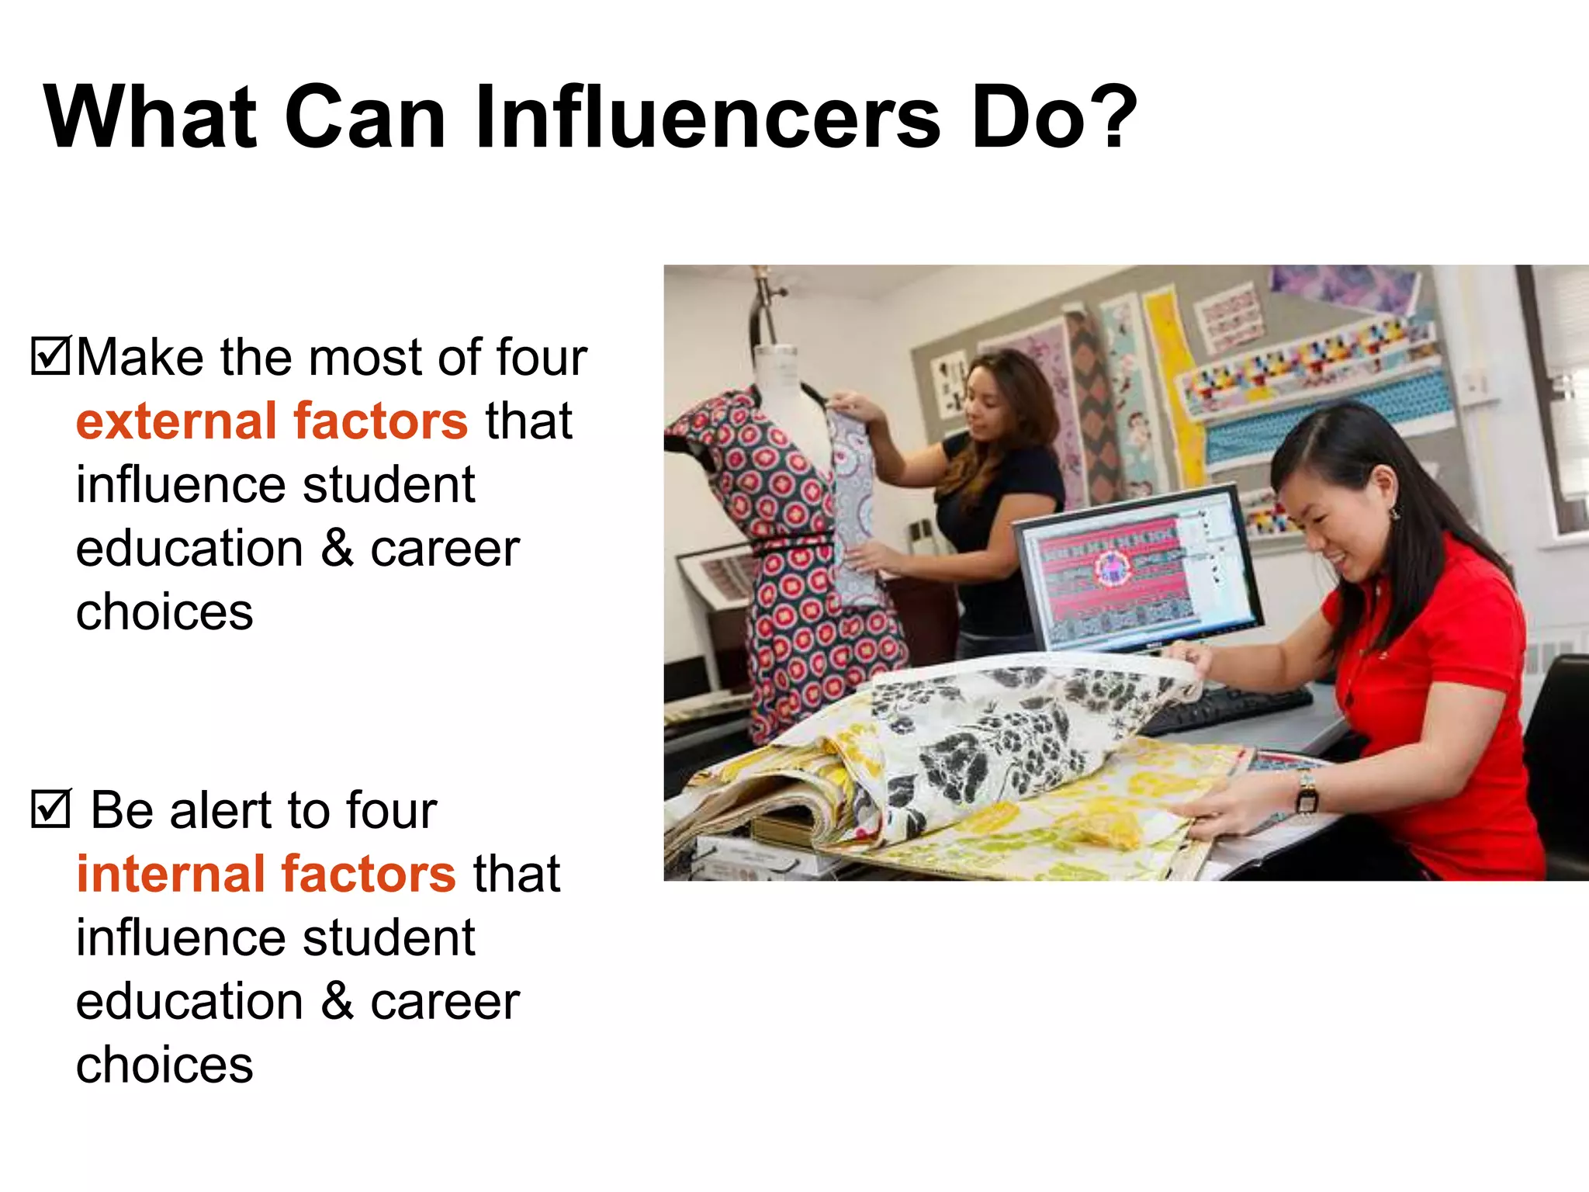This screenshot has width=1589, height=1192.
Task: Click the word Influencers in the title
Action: [707, 118]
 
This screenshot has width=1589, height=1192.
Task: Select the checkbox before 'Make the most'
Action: [50, 356]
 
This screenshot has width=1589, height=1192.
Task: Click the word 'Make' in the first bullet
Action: [140, 358]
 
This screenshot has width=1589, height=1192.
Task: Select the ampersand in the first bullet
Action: [337, 548]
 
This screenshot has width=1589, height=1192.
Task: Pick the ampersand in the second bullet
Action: [337, 1001]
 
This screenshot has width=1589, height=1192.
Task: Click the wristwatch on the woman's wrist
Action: [1307, 793]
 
